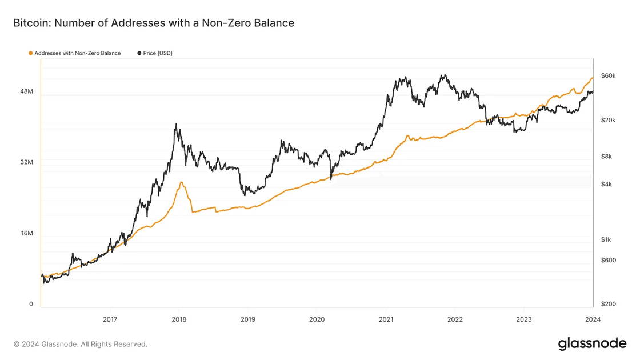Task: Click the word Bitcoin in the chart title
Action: click(31, 23)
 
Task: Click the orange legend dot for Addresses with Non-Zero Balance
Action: click(31, 53)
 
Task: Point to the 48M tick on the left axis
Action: click(27, 91)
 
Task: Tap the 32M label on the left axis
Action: click(27, 162)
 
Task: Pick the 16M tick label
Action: click(27, 233)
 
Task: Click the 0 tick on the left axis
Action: click(31, 304)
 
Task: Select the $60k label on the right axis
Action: click(608, 76)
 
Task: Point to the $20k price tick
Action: click(608, 121)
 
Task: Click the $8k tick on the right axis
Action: click(606, 157)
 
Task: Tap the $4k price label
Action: click(606, 184)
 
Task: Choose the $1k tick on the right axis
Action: click(606, 239)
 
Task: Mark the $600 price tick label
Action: click(609, 261)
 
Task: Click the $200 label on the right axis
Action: click(609, 304)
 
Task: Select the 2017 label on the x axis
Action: click(110, 319)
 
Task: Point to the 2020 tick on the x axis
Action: click(317, 319)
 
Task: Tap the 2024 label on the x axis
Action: click(593, 319)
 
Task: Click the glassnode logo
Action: click(592, 343)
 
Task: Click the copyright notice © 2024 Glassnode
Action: click(81, 344)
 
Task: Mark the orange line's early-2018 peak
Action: click(181, 182)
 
